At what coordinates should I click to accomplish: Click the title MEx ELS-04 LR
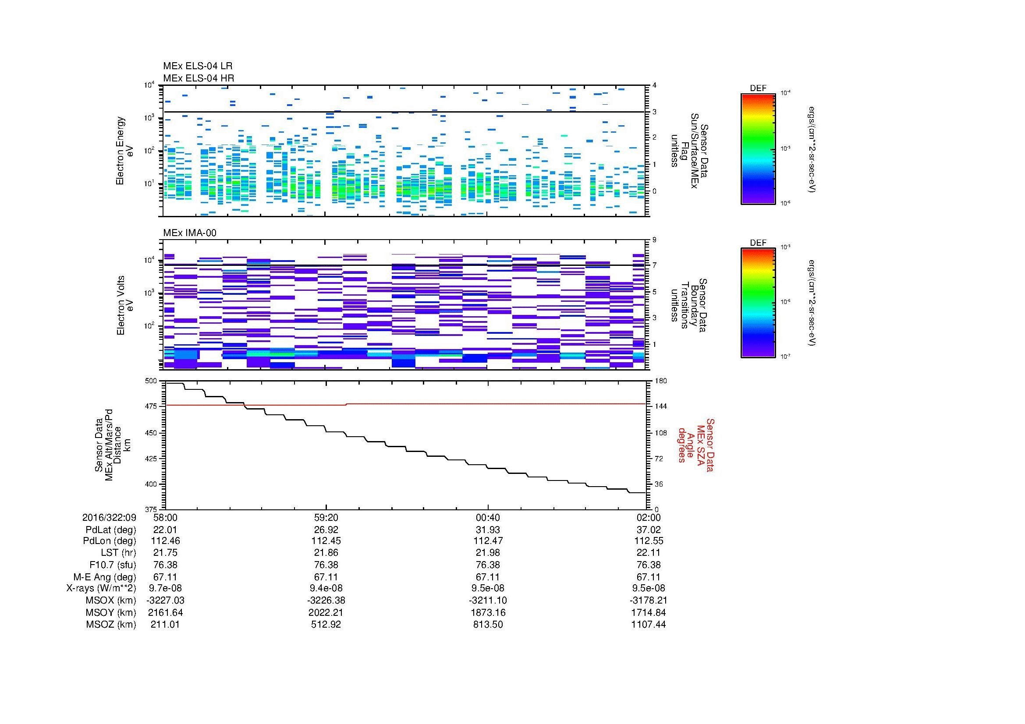197,66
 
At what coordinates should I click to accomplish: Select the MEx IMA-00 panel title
189,233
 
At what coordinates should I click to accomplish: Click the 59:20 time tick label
326,517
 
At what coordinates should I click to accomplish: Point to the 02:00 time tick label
648,517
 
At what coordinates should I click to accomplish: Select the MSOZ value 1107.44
648,625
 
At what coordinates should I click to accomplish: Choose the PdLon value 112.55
648,540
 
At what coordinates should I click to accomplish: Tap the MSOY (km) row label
111,612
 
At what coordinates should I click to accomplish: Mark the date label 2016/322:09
109,517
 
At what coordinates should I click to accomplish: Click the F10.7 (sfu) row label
112,565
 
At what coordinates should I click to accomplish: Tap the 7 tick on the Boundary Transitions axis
654,265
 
